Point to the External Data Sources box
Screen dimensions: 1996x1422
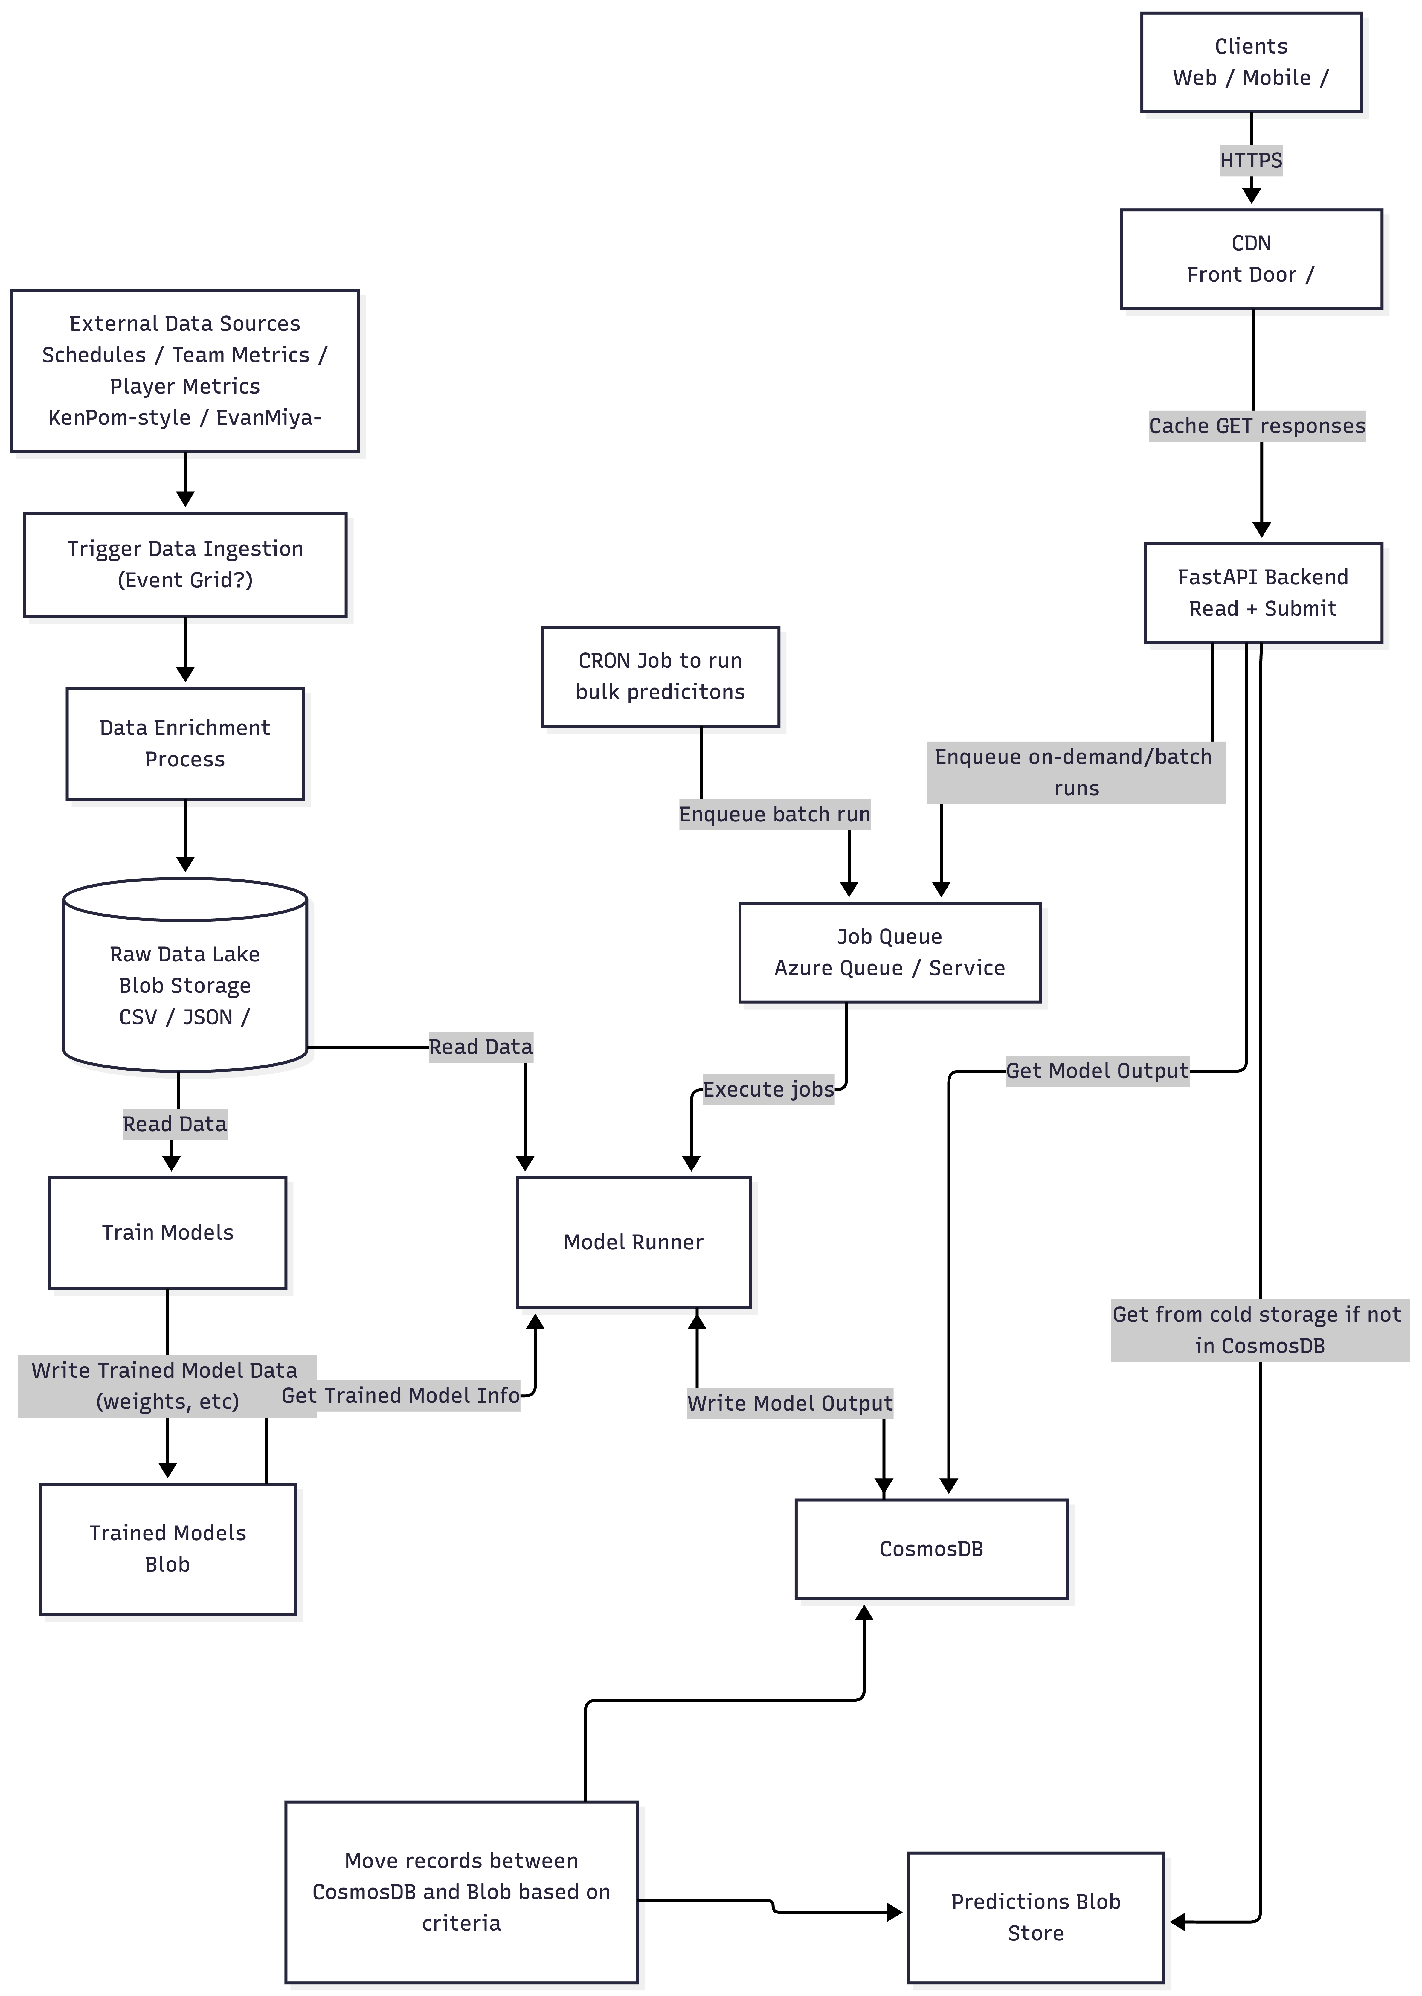[185, 370]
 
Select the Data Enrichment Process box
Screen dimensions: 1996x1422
[185, 744]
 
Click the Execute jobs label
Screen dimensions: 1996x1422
[768, 1090]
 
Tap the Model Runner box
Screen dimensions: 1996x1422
[633, 1242]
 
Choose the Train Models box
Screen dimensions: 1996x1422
[167, 1232]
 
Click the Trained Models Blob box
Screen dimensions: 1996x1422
[167, 1548]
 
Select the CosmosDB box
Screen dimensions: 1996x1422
[931, 1548]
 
